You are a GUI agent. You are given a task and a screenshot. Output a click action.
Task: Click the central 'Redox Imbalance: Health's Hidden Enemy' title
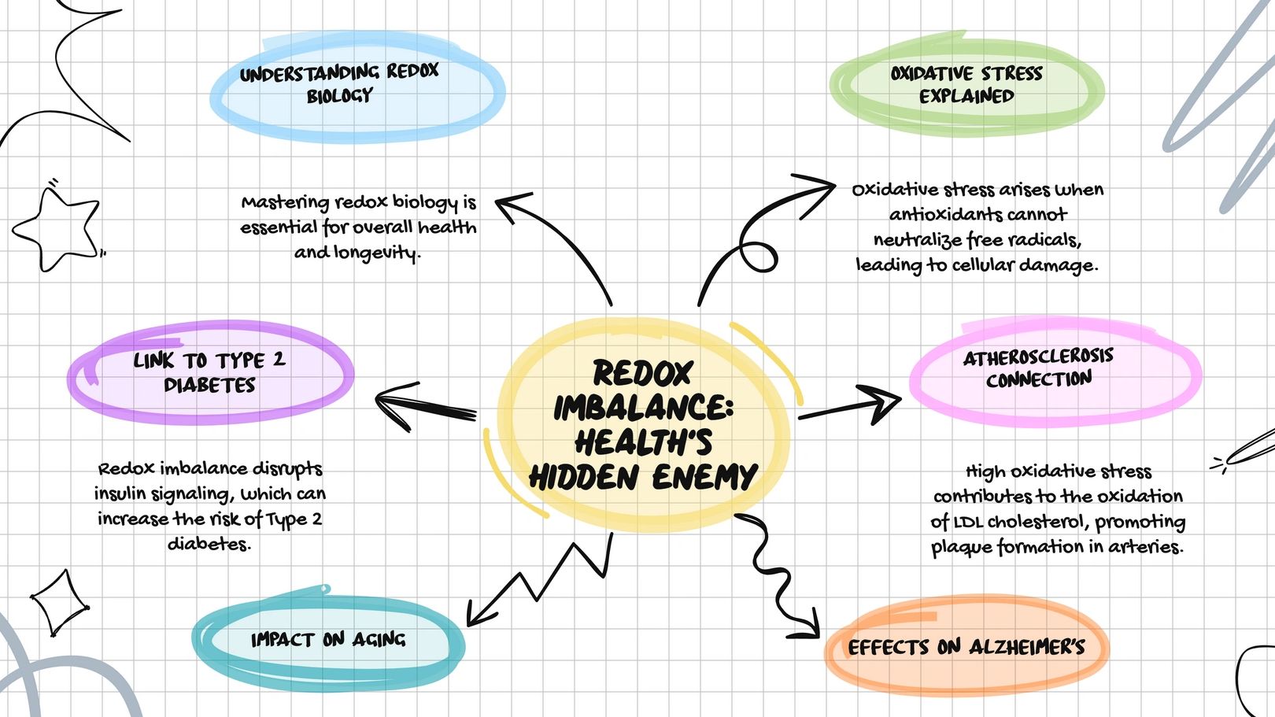(x=643, y=425)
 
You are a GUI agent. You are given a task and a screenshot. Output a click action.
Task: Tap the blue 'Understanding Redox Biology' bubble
(x=340, y=84)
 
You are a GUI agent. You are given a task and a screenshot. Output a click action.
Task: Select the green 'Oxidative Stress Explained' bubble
(x=966, y=85)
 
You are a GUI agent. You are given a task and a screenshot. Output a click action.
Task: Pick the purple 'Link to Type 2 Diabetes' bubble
(x=209, y=373)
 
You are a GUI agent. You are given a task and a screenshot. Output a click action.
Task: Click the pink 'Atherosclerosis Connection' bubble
(x=1039, y=368)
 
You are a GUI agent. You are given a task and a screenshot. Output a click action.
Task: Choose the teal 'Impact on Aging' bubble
(x=328, y=639)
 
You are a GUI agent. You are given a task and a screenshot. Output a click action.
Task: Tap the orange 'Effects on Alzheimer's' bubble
(x=966, y=648)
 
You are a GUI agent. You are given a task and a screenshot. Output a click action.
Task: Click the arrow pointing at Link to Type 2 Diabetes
(x=425, y=405)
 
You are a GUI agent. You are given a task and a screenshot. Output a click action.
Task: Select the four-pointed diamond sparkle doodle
(x=59, y=602)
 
